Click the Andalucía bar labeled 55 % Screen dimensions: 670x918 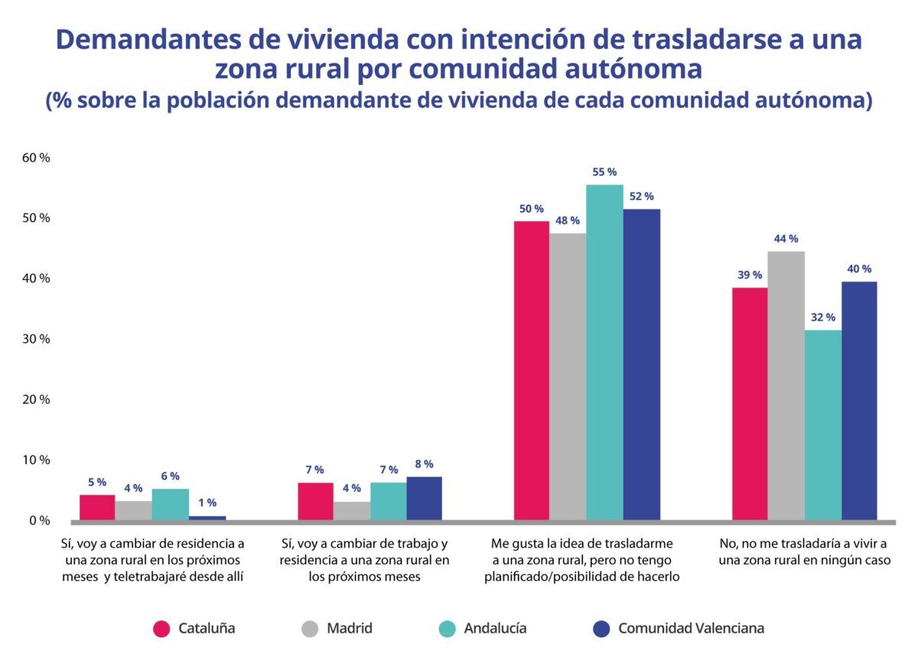point(604,352)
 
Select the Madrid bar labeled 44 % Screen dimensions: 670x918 point(786,385)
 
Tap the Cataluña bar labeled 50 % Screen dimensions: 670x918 point(531,370)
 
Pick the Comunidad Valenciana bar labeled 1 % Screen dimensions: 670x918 point(207,518)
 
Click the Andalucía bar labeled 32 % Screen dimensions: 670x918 point(822,424)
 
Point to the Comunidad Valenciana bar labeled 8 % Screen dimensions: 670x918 point(424,498)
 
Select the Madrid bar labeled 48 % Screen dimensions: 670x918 point(568,376)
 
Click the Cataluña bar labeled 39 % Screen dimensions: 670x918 point(750,403)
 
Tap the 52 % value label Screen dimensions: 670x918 point(641,197)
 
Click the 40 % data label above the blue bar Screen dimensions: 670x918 point(858,269)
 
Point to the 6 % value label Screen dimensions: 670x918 point(170,476)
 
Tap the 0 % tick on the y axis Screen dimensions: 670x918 point(39,520)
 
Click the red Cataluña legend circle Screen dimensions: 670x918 point(161,629)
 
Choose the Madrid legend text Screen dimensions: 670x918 point(349,629)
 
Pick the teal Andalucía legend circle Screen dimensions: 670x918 point(448,629)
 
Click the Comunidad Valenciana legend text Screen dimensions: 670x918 point(690,629)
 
